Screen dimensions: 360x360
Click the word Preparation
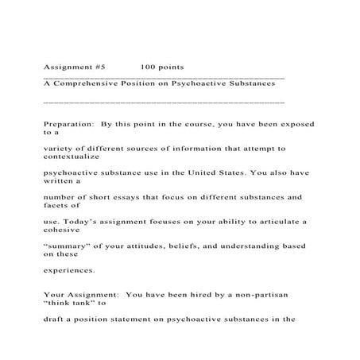coord(68,124)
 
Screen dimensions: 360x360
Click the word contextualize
coord(74,158)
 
